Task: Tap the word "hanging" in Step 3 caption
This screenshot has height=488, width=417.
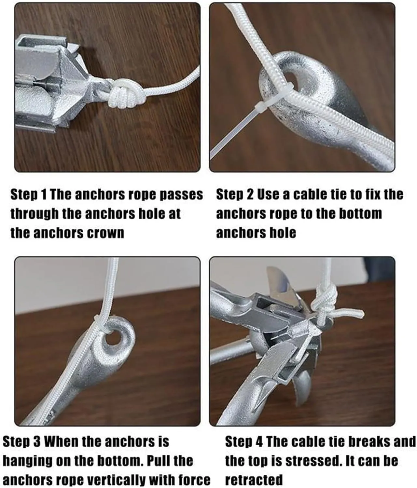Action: [x=27, y=461]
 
